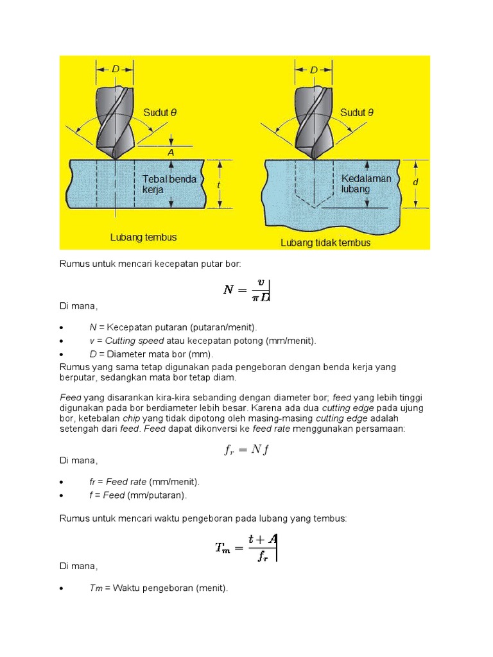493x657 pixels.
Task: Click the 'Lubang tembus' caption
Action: [143, 237]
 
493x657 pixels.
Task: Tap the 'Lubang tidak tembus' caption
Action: [325, 243]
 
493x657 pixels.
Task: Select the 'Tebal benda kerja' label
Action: [169, 184]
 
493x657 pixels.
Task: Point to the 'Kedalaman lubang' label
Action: [366, 183]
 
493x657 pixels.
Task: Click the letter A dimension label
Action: [171, 153]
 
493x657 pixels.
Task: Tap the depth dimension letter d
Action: [415, 183]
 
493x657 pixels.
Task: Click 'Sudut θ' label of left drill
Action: [160, 113]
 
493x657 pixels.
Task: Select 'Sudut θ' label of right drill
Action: [357, 113]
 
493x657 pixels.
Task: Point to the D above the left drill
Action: [116, 69]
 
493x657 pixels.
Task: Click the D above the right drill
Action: [313, 69]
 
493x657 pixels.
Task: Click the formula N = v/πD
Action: [246, 291]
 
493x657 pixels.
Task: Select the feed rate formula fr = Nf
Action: [246, 449]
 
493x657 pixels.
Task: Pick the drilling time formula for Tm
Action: [246, 547]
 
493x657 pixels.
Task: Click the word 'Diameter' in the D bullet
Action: [127, 354]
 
